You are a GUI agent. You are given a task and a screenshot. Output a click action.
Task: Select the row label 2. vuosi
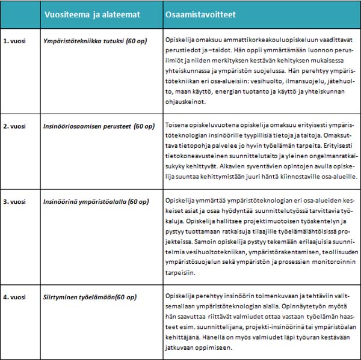pos(16,126)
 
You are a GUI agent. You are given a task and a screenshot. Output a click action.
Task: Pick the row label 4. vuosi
pos(16,297)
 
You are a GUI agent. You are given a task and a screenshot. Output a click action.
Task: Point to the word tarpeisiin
pos(183,272)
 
